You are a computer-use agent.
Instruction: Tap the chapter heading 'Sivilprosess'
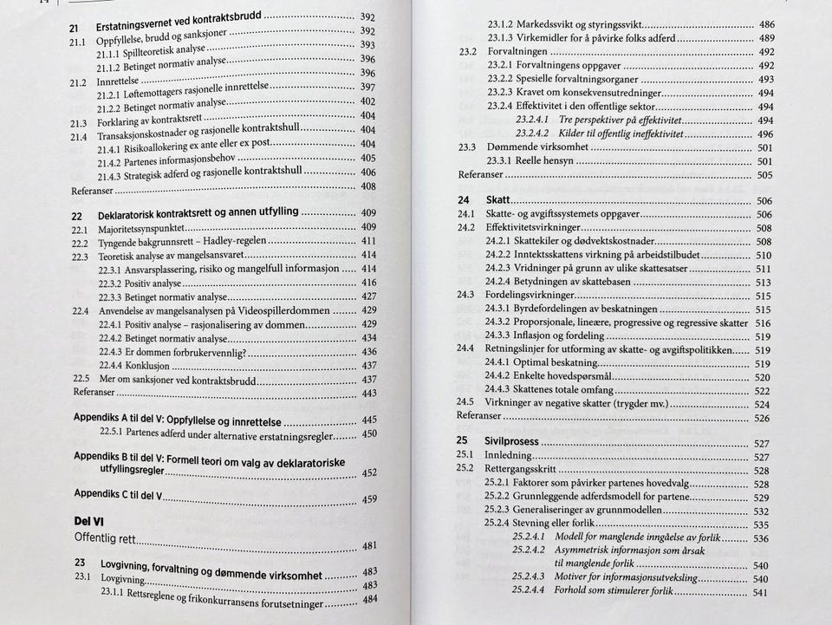(511, 442)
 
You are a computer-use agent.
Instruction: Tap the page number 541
(763, 593)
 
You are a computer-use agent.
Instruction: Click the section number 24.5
(466, 404)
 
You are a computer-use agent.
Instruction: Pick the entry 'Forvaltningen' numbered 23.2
(517, 51)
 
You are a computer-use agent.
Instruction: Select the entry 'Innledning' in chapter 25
(511, 456)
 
